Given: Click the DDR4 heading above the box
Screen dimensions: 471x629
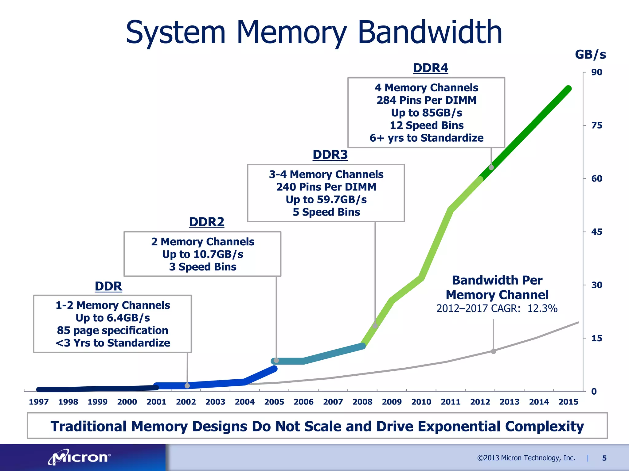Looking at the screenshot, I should coord(430,68).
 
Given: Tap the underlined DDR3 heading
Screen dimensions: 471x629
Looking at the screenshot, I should coord(330,155).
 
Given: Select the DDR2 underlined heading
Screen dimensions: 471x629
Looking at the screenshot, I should coord(206,222).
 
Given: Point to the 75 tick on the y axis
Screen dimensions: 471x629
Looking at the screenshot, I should coord(596,125).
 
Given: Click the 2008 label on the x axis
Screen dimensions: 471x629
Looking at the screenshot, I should coord(362,402).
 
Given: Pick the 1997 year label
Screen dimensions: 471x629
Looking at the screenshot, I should coord(39,402).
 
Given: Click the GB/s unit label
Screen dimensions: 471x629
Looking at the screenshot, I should coord(590,55).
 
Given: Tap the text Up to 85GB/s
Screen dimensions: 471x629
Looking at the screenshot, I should coord(426,113).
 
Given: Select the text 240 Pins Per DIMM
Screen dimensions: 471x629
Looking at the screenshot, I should coord(326,187).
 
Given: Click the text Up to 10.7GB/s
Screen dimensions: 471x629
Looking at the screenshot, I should coord(202,254).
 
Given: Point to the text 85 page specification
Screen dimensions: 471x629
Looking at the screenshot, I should coord(112,330).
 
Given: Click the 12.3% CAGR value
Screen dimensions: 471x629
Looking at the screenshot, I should coord(542,308).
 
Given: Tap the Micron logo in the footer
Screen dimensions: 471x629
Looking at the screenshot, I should coord(79,458).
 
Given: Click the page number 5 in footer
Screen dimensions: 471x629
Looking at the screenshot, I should coord(604,458).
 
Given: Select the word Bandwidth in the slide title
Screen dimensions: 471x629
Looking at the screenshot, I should coord(430,32).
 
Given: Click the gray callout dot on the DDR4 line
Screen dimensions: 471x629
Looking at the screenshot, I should coord(491,167).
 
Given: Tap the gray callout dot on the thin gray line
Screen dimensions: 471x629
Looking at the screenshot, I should coord(493,351).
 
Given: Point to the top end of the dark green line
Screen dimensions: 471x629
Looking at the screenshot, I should coord(568,89).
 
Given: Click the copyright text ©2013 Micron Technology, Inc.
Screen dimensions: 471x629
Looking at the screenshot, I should coord(526,458).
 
